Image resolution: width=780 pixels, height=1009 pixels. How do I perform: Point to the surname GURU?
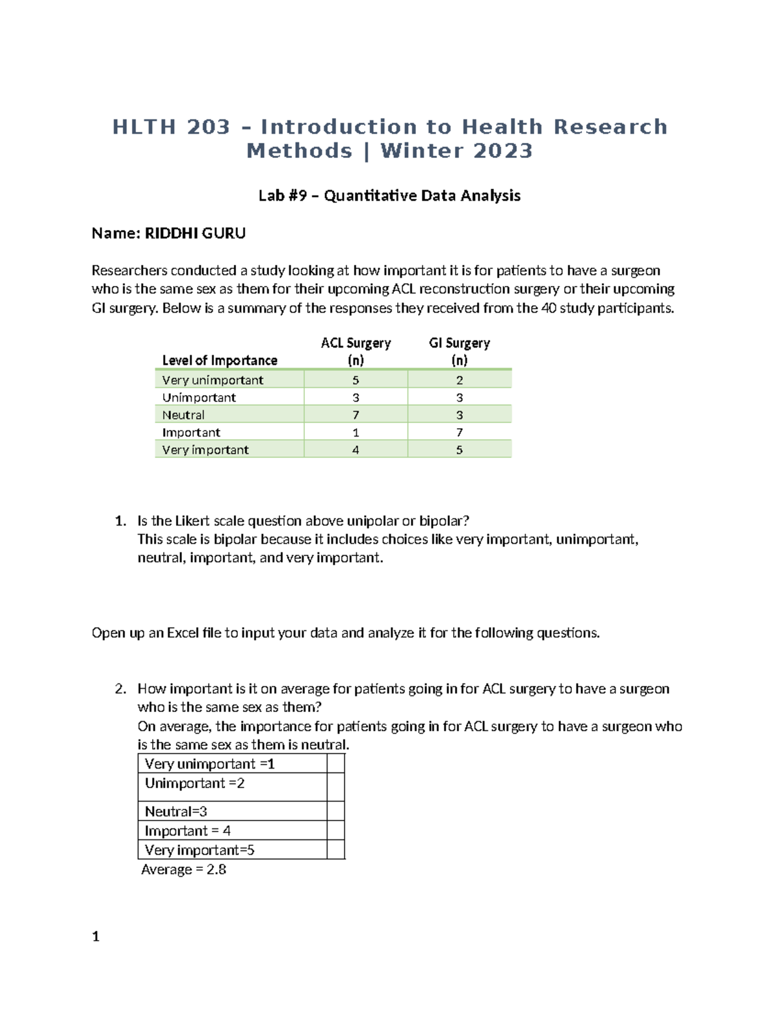click(224, 233)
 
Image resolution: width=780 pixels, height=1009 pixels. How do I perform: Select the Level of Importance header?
click(220, 360)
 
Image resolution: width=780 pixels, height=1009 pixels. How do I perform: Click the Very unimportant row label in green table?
click(213, 380)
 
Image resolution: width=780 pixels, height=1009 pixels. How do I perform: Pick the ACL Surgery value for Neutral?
click(356, 415)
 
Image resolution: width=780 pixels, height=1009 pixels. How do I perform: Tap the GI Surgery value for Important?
click(459, 433)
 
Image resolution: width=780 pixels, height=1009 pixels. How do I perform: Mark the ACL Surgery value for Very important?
click(356, 450)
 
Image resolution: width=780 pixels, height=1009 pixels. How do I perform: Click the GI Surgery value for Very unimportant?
click(459, 380)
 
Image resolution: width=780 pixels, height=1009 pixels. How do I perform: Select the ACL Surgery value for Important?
click(356, 433)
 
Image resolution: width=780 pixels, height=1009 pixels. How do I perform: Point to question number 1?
click(120, 521)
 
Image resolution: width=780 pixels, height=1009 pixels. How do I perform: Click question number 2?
click(120, 689)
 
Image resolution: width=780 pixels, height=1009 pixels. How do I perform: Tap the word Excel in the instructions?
click(183, 633)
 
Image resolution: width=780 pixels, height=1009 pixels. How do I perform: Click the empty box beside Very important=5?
click(335, 850)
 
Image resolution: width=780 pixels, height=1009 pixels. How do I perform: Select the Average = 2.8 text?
click(184, 869)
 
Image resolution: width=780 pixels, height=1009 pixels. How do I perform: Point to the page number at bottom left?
click(96, 936)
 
